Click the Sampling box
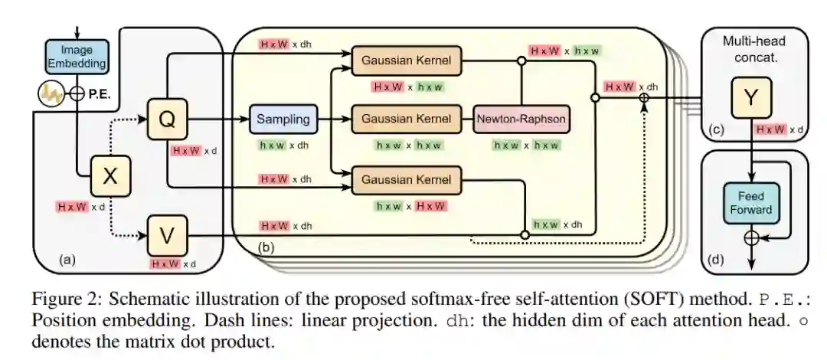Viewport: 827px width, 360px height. (283, 119)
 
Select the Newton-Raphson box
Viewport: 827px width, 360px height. (522, 119)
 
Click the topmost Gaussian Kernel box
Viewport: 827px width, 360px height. (406, 60)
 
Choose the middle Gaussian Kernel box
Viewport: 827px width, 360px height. (406, 119)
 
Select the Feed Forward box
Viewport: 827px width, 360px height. (750, 201)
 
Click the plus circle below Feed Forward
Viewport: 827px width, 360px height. (751, 238)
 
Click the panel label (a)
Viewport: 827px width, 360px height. (68, 260)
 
